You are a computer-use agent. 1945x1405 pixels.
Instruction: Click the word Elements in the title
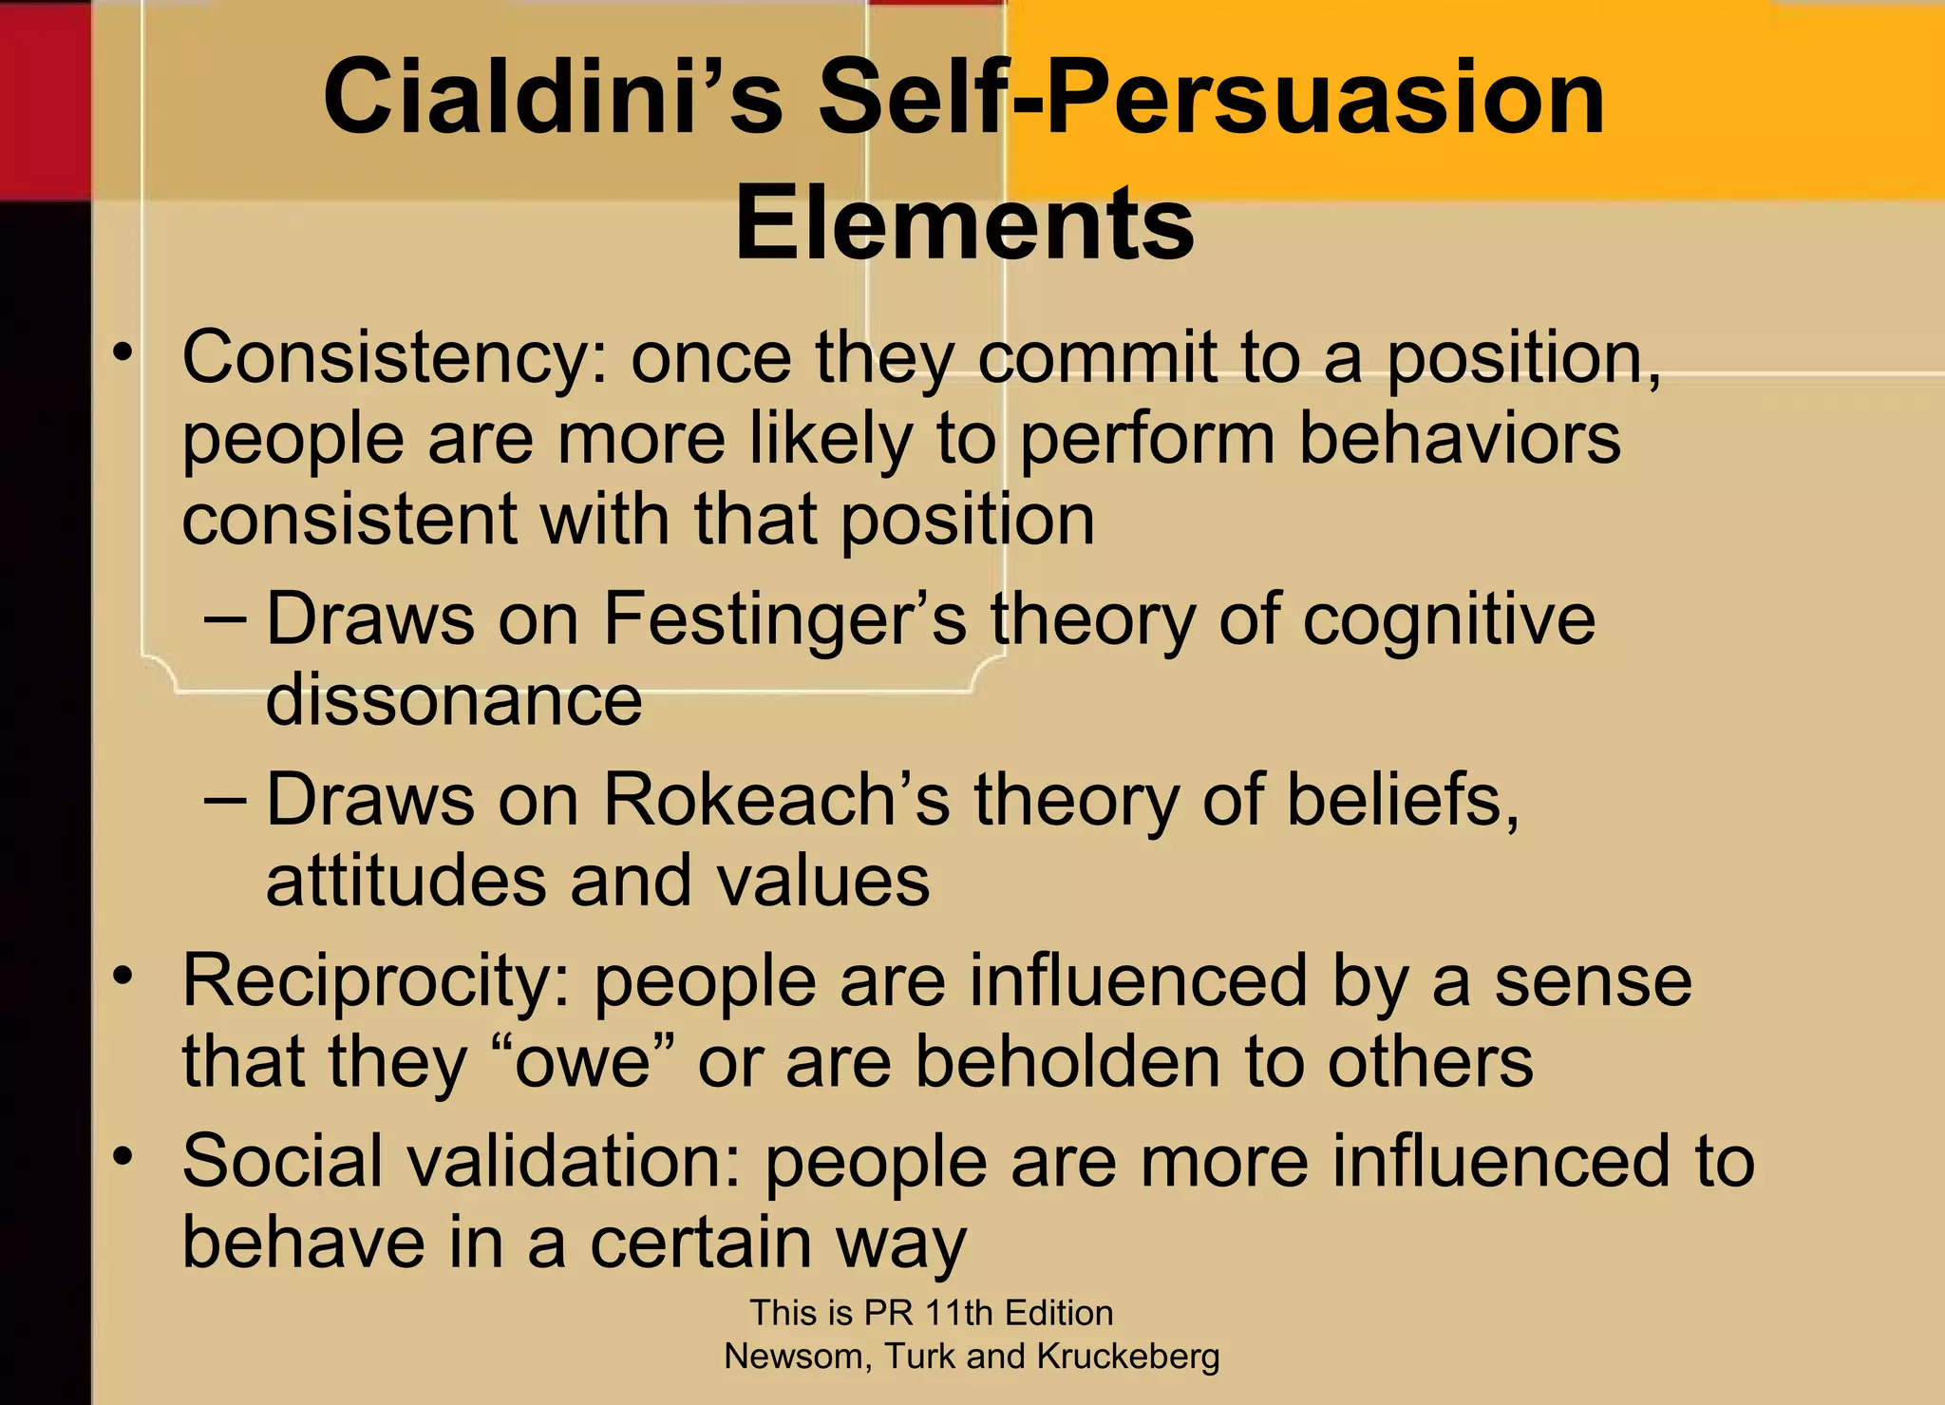click(964, 224)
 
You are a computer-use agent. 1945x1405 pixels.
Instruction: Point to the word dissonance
click(454, 700)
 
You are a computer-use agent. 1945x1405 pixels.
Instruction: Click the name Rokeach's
click(775, 800)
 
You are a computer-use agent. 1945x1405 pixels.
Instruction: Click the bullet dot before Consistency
click(122, 353)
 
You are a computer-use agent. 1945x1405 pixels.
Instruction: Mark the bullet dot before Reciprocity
click(122, 976)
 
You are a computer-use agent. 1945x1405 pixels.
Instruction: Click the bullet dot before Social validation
click(122, 1156)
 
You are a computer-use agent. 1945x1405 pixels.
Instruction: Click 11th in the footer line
click(959, 1313)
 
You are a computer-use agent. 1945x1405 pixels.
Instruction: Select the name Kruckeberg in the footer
click(1127, 1357)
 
